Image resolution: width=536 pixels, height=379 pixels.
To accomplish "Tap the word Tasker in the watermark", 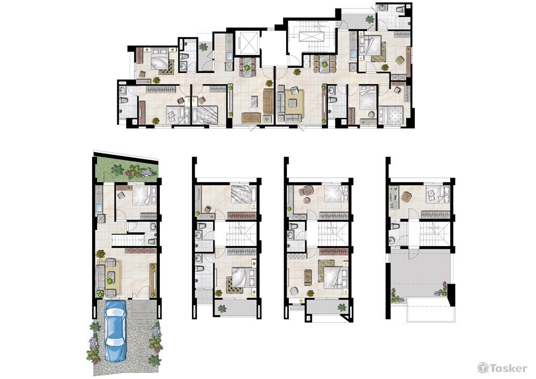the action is [509, 368].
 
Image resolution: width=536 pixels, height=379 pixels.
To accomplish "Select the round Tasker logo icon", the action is [483, 368].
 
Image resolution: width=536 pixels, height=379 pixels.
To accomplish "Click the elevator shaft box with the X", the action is [248, 42].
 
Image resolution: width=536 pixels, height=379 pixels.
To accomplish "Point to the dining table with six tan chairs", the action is [324, 64].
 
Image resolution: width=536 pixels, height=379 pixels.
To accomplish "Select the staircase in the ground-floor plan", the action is [128, 240].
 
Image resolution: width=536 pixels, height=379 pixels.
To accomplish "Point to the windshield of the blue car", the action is [115, 314].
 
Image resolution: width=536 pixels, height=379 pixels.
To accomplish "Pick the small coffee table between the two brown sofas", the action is [254, 101].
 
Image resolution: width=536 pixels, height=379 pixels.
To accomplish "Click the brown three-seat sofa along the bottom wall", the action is [251, 117].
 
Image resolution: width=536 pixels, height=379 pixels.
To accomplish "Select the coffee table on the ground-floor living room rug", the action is [110, 275].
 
